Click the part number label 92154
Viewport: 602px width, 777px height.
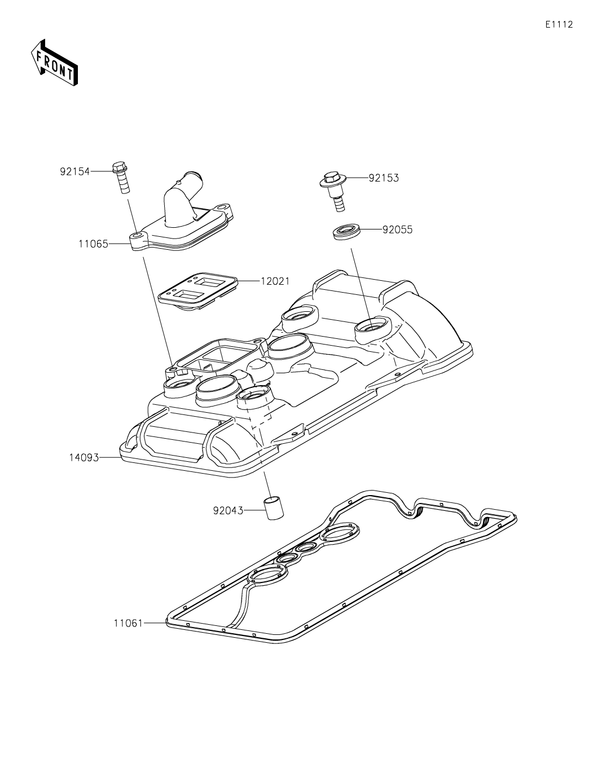click(x=74, y=171)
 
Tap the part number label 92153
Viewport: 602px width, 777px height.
click(x=384, y=178)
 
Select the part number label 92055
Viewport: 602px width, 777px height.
click(x=397, y=229)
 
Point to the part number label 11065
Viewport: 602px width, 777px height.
click(x=93, y=244)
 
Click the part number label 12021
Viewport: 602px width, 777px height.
click(x=275, y=281)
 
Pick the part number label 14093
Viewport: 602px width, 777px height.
click(x=84, y=457)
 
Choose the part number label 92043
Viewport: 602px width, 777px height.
click(x=228, y=511)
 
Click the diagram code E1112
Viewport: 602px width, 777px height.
click(x=559, y=25)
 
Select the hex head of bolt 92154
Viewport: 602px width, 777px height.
click(x=120, y=167)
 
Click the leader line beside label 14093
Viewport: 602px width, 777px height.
click(x=110, y=457)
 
